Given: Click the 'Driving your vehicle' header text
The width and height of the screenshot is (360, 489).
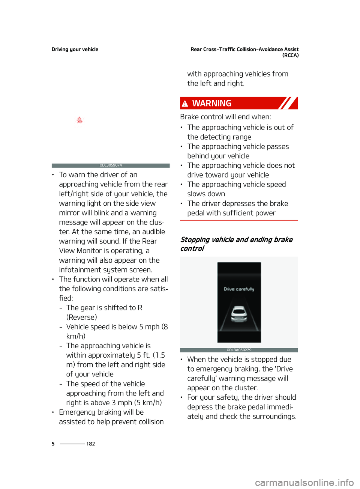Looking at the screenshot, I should (75, 49).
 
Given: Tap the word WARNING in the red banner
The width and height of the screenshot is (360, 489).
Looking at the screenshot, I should (212, 103).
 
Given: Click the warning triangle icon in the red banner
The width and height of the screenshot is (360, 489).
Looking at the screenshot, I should (185, 104).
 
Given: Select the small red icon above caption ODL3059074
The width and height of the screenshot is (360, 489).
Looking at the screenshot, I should (79, 120).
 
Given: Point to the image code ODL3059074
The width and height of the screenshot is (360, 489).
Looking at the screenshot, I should (111, 166).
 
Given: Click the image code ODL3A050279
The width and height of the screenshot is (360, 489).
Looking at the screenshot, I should (239, 350).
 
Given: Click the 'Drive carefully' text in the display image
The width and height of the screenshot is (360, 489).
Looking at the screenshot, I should (239, 289).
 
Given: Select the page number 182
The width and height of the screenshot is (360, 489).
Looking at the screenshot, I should (91, 444).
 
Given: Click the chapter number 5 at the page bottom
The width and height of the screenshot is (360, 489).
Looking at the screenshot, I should (53, 444).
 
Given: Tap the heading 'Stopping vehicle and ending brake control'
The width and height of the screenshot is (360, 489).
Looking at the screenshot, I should (236, 244).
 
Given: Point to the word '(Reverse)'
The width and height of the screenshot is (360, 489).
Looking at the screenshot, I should (82, 317).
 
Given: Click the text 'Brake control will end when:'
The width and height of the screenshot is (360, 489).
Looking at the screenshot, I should (225, 117).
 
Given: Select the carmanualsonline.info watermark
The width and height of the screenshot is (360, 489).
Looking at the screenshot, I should (304, 482).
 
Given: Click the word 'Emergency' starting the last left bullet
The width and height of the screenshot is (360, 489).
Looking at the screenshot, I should (77, 412).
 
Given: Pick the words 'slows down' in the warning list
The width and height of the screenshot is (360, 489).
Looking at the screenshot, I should (206, 194).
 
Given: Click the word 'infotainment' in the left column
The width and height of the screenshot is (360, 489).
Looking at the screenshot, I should (80, 270).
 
